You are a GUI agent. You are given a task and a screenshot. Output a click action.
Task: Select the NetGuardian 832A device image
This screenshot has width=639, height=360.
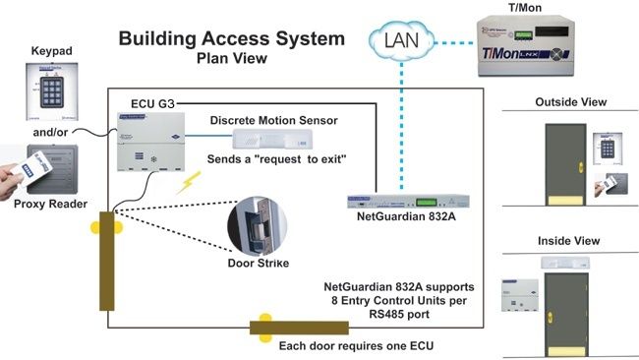pos(402,201)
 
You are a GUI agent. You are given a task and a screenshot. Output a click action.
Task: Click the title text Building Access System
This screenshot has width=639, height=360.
pos(231,40)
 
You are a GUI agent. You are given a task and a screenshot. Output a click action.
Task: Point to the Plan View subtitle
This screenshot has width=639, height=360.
pos(231,58)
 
